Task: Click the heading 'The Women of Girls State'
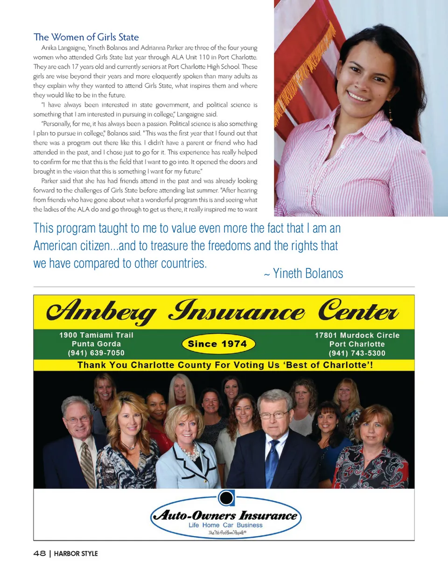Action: [x=86, y=37]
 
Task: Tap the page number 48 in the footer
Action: [x=39, y=553]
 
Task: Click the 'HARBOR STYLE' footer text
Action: [x=76, y=554]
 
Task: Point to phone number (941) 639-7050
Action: [x=96, y=353]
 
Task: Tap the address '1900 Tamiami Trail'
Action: [x=96, y=335]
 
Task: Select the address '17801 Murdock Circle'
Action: [x=357, y=335]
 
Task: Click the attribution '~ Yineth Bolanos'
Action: [x=303, y=273]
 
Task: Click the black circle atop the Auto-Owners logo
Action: [x=226, y=498]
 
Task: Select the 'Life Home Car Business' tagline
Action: [x=225, y=525]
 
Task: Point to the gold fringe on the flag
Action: [x=303, y=70]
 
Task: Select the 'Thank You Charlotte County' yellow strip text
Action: [x=224, y=365]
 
